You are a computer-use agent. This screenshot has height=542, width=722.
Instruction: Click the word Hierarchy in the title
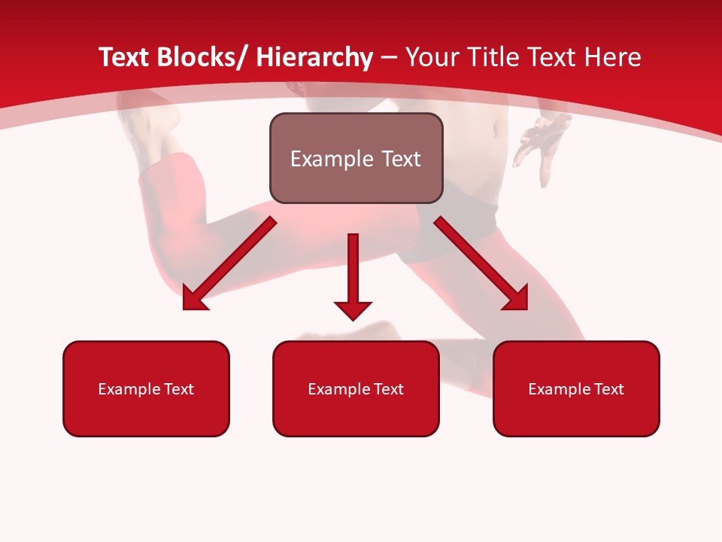[314, 57]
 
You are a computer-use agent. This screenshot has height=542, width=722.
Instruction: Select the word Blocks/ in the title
[202, 57]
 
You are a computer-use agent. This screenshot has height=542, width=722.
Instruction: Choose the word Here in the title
[613, 57]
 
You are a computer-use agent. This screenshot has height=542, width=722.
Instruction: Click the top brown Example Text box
[356, 158]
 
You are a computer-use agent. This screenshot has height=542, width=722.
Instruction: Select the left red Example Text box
[146, 388]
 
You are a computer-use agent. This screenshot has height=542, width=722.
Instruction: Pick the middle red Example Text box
[356, 388]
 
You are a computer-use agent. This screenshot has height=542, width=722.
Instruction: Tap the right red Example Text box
[576, 388]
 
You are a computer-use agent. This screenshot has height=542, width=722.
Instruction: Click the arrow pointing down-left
[229, 263]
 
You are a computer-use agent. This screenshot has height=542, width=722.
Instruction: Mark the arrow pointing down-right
[481, 263]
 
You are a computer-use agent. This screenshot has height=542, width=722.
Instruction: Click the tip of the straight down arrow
[353, 320]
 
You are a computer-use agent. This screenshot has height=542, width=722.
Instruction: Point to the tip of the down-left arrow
[184, 309]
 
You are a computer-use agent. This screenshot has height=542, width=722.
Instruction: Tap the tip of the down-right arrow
[526, 309]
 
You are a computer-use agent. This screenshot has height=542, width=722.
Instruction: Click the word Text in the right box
[608, 389]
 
